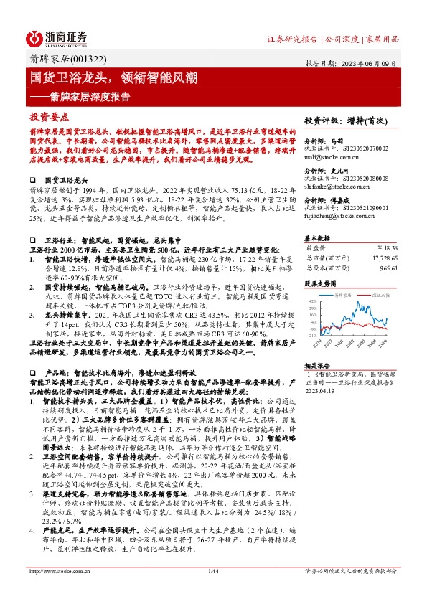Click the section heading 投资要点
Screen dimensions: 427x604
click(49, 116)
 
